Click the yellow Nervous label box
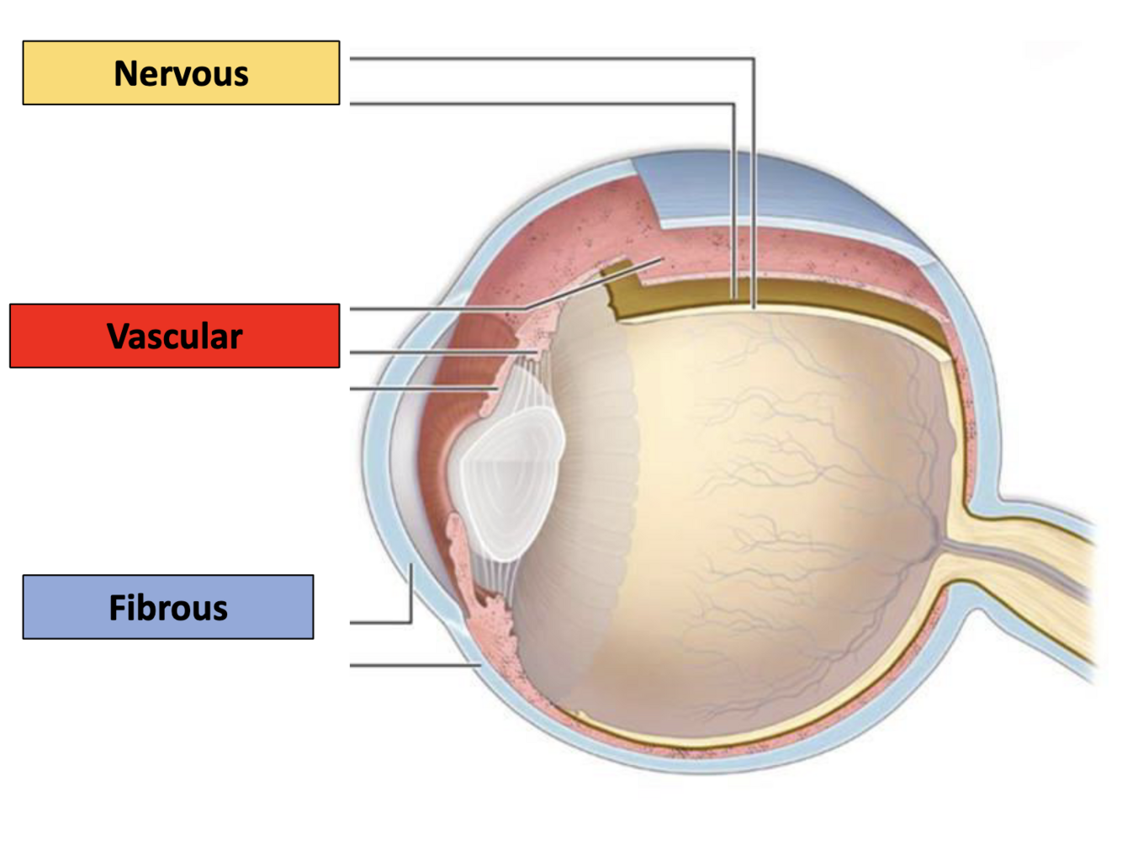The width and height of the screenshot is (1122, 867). (x=181, y=73)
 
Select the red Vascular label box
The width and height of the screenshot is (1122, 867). (x=175, y=336)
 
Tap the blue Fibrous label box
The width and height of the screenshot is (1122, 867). (x=168, y=607)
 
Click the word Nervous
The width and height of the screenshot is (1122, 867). (x=181, y=74)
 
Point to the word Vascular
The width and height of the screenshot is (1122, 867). (x=175, y=337)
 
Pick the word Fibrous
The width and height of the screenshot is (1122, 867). (x=168, y=608)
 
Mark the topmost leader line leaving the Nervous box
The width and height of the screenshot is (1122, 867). (x=547, y=59)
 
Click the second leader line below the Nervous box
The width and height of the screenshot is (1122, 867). (x=538, y=104)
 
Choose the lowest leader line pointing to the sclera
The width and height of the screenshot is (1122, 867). (x=412, y=665)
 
